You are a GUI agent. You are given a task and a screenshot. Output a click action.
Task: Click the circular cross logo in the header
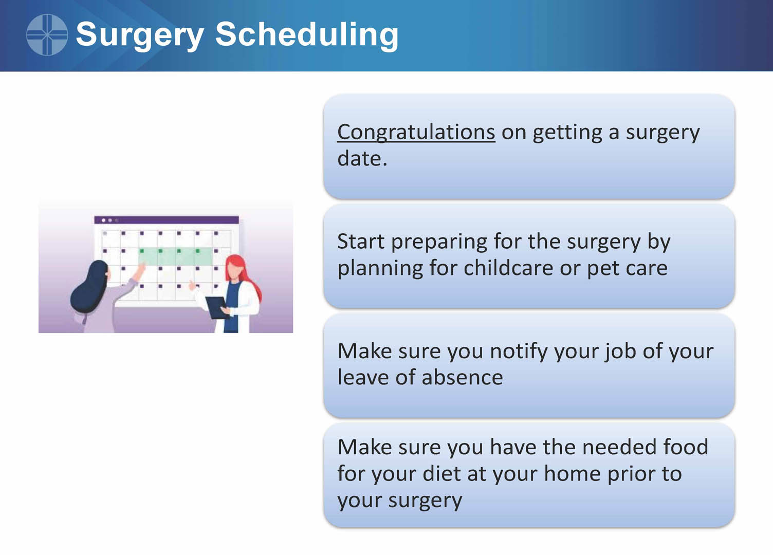click(x=47, y=34)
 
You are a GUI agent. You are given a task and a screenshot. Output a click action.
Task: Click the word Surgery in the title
click(x=139, y=36)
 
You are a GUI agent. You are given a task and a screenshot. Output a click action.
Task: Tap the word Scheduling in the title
click(x=307, y=34)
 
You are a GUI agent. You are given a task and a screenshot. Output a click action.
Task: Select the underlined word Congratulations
click(x=416, y=132)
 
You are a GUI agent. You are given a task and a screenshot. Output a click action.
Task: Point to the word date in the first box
click(x=362, y=158)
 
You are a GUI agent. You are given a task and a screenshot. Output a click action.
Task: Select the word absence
click(x=463, y=377)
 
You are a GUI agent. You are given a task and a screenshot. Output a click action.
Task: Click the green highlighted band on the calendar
click(x=175, y=256)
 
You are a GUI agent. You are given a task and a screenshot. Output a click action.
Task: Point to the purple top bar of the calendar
click(x=167, y=220)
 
